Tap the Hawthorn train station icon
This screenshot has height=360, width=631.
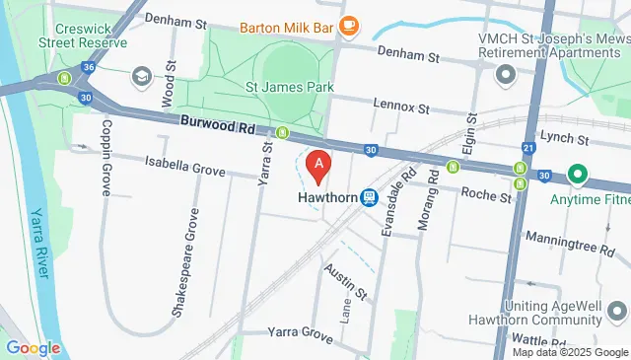369,197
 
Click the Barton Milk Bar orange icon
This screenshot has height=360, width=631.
346,26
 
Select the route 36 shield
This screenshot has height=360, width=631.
89,67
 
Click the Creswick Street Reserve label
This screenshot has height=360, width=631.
83,35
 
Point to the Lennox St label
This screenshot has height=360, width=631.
401,105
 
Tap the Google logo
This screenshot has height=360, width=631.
33,347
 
